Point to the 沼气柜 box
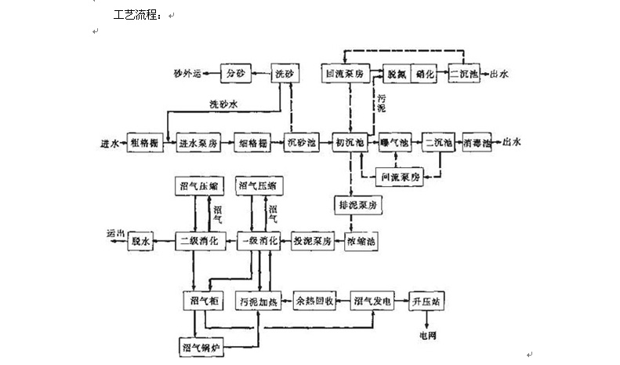tap(198, 301)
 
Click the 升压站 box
tap(427, 301)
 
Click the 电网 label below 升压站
tap(427, 336)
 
